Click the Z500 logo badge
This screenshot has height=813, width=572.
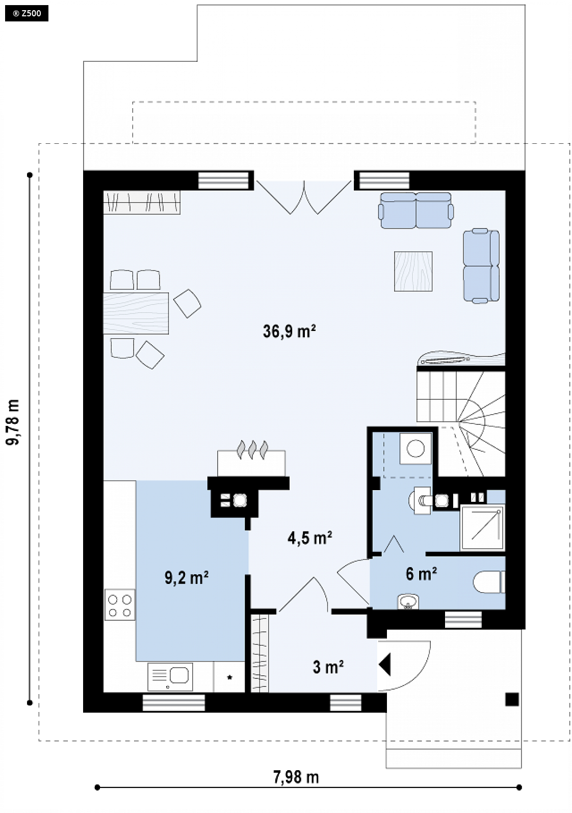(x=27, y=14)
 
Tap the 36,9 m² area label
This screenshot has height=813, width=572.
(x=289, y=331)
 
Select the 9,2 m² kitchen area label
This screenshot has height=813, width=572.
(x=187, y=578)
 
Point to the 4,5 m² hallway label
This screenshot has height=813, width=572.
(x=310, y=538)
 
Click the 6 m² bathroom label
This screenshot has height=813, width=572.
(x=421, y=574)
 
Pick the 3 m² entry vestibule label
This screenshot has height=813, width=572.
(x=328, y=667)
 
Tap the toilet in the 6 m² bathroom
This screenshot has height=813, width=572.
(x=489, y=582)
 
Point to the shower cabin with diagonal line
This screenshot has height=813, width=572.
(x=482, y=528)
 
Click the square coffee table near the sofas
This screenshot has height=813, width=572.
(x=413, y=271)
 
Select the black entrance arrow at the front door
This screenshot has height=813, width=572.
(x=384, y=665)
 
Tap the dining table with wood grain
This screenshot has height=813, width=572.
(x=136, y=313)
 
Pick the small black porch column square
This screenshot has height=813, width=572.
(x=512, y=699)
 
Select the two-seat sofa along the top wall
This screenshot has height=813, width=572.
(x=415, y=211)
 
